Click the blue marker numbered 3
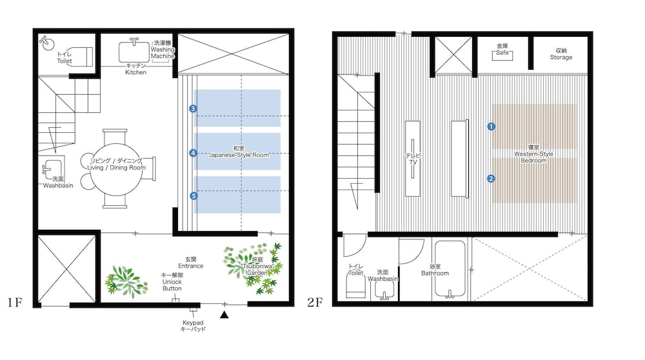point(193,108)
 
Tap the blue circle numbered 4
point(193,153)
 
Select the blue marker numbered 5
point(193,196)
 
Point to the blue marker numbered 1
point(491,126)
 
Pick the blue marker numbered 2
point(491,179)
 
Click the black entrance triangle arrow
point(224,315)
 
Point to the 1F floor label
point(14,303)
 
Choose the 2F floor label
point(315,303)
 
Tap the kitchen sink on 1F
point(134,52)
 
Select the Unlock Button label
point(172,282)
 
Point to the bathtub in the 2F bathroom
point(450,270)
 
